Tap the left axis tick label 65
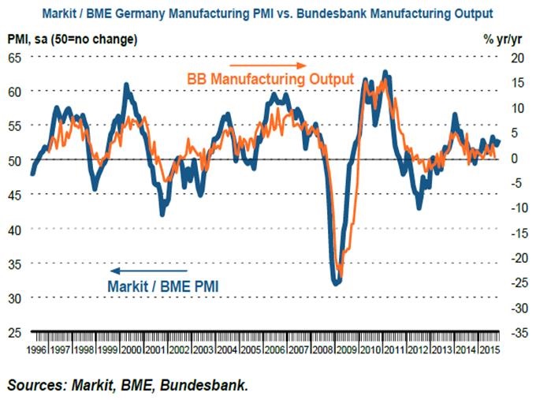pos(16,57)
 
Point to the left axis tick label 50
pos(16,160)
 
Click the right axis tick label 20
pos(516,57)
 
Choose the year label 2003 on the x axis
pos(203,349)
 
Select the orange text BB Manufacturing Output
pos(269,81)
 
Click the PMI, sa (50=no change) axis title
pos(72,39)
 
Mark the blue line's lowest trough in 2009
pos(337,282)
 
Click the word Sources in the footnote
pos(37,385)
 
